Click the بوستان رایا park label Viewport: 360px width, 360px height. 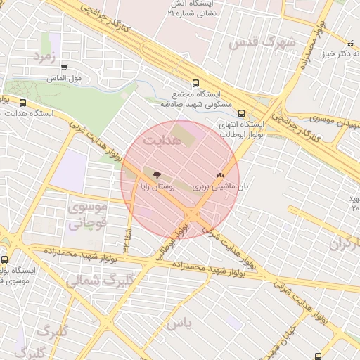click(156, 189)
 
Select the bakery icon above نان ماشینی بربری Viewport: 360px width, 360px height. click(219, 176)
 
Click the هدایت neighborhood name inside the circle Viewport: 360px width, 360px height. click(162, 141)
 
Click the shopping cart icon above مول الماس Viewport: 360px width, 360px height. click(65, 68)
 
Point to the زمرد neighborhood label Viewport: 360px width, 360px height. click(44, 54)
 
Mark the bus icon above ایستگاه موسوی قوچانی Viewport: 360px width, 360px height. click(6, 259)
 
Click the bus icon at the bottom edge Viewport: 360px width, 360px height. click(319, 356)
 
